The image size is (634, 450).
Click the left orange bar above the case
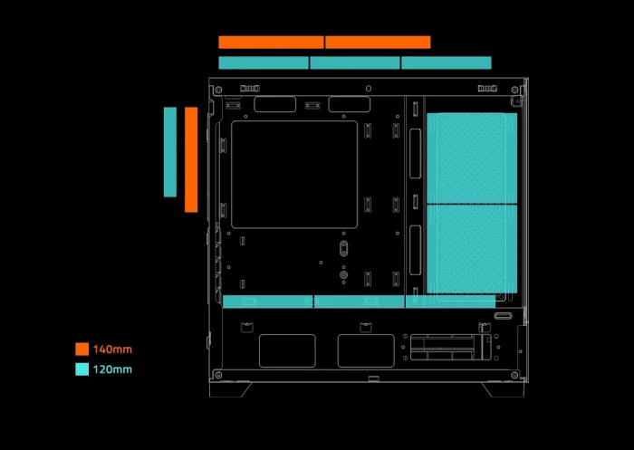click(x=271, y=42)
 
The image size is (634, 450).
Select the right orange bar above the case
click(x=378, y=42)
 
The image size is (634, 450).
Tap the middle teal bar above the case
click(x=355, y=62)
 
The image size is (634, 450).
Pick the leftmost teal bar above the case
click(x=264, y=62)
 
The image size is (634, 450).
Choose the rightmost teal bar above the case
click(x=447, y=62)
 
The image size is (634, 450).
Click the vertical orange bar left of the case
click(x=191, y=159)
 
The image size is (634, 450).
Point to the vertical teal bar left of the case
click(x=170, y=151)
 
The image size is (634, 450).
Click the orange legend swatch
click(x=82, y=349)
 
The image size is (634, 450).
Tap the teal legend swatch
click(x=82, y=369)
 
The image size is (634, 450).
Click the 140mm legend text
click(x=112, y=349)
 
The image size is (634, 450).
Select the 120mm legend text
click(x=112, y=369)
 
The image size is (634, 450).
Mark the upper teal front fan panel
click(x=471, y=158)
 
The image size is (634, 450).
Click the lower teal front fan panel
click(x=471, y=249)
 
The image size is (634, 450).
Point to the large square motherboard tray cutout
click(x=294, y=174)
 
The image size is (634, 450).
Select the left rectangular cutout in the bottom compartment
click(x=287, y=350)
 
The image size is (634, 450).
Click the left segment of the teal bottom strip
click(x=268, y=302)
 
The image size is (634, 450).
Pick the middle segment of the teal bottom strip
click(x=360, y=302)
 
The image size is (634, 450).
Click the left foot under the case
click(x=229, y=388)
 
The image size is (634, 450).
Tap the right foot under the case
click(x=501, y=388)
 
